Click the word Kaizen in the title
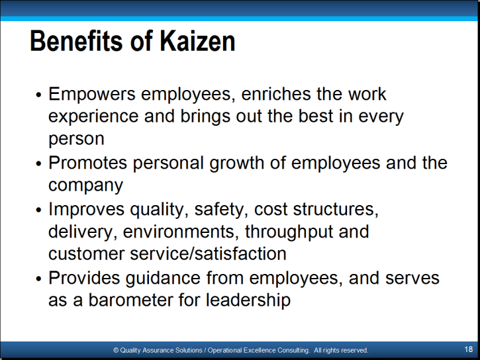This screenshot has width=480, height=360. tap(197, 41)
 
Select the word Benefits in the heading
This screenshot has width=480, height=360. tap(76, 41)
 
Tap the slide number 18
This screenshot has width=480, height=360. tap(468, 349)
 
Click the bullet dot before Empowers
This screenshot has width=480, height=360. tap(38, 95)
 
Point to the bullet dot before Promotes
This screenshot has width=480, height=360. tap(38, 163)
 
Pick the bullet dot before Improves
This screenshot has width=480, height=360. tap(38, 210)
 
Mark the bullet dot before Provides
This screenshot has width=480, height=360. tap(38, 279)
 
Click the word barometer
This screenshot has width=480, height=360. tap(130, 300)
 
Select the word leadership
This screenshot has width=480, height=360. tap(248, 300)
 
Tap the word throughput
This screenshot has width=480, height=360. tap(289, 232)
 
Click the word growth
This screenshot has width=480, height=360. tap(236, 163)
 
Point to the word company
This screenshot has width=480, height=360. tap(85, 186)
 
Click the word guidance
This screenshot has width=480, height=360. tap(163, 279)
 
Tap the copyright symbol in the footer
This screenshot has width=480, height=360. tap(116, 350)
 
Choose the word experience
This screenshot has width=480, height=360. tap(93, 117)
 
